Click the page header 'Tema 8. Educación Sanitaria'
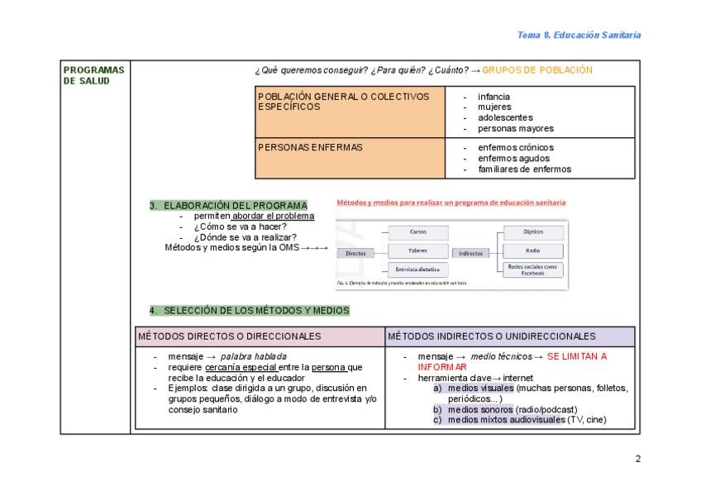(x=579, y=36)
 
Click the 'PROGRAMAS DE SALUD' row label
(x=93, y=74)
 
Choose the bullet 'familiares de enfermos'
(x=524, y=169)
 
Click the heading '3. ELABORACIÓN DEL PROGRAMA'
(x=227, y=205)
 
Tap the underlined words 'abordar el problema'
(x=274, y=216)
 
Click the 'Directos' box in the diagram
(x=356, y=253)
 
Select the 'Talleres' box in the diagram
(x=418, y=250)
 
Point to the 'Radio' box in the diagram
(x=533, y=250)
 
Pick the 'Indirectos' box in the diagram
(x=470, y=253)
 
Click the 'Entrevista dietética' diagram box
(x=418, y=269)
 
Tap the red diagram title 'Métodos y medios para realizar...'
(x=451, y=202)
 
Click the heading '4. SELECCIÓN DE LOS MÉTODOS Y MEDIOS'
(x=249, y=311)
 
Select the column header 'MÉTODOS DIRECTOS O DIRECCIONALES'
(x=230, y=336)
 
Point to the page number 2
(x=637, y=459)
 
